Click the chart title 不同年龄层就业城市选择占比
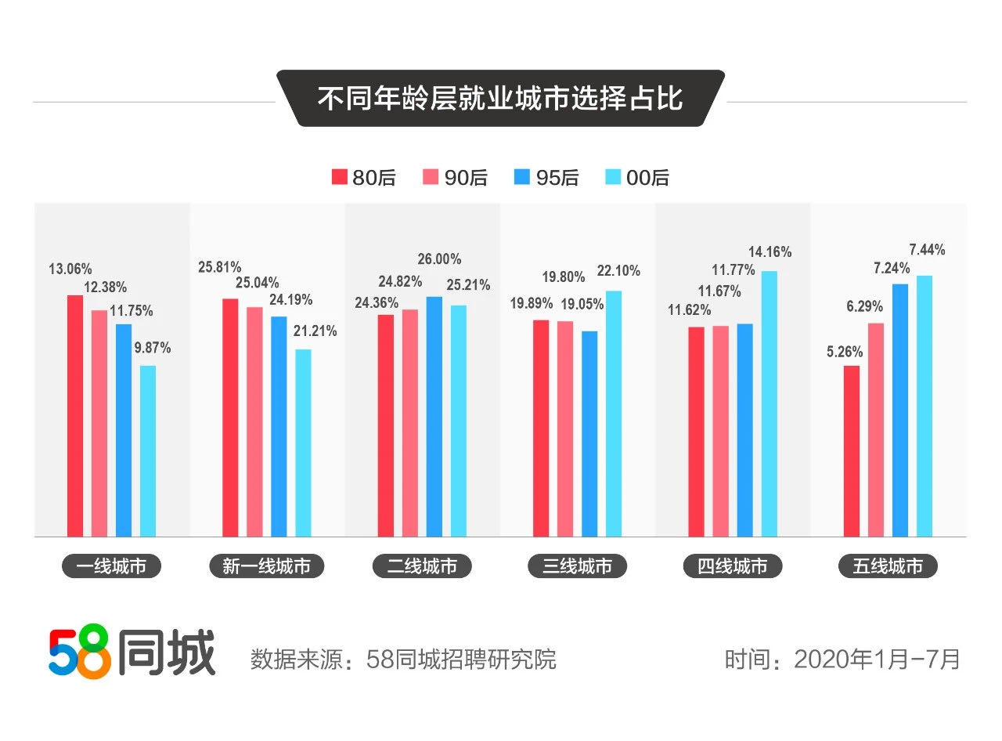[500, 99]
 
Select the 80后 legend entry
[363, 178]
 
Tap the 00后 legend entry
[637, 178]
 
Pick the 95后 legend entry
[546, 178]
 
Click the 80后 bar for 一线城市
[74, 415]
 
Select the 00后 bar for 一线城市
[148, 450]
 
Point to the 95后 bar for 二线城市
[434, 416]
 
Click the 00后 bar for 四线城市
[770, 403]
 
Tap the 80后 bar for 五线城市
[852, 450]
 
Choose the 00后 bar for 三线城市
[614, 414]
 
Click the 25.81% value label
[219, 267]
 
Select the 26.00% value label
[439, 259]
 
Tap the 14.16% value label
[770, 252]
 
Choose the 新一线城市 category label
[266, 566]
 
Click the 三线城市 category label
[577, 566]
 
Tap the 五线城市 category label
[888, 566]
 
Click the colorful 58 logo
[79, 652]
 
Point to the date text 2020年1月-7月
[877, 659]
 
